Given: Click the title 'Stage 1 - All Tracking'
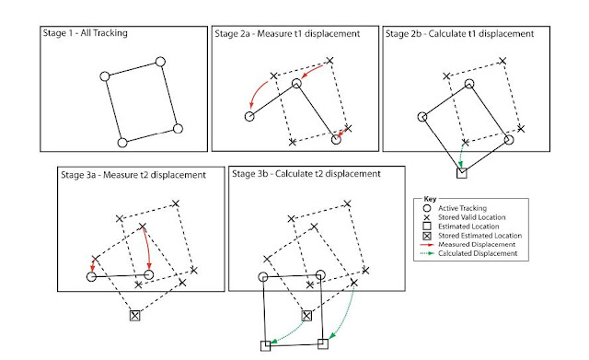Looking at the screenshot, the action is click(86, 33).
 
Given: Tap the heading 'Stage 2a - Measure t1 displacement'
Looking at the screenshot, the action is click(287, 34).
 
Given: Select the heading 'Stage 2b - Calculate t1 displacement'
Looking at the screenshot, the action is click(460, 34).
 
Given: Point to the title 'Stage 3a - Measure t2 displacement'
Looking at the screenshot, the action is click(133, 175).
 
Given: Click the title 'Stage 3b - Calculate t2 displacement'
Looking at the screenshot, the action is click(306, 174).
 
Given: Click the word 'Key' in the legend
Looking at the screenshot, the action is click(430, 199).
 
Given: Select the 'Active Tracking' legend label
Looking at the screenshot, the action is click(462, 208).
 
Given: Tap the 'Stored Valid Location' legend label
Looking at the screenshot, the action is click(472, 217).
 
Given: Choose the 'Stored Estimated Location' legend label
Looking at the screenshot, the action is click(480, 236).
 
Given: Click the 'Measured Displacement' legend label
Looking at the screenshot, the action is click(477, 244).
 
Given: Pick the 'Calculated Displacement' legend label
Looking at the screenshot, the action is click(478, 253).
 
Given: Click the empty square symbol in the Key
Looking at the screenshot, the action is click(427, 226).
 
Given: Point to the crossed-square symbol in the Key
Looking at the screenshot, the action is click(427, 236).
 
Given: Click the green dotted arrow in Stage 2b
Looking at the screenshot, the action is click(461, 156).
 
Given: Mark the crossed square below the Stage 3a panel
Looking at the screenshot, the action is click(135, 316).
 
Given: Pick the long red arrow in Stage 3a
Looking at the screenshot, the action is click(148, 248).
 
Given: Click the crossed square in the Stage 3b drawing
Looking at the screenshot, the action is click(306, 316).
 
